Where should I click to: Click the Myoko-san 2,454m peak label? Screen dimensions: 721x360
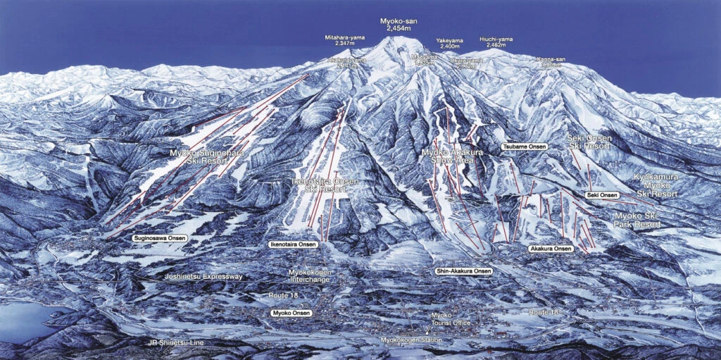tap(398, 24)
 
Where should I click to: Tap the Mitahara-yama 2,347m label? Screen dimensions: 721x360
tap(345, 40)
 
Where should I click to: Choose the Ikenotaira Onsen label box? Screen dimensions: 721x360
tap(293, 244)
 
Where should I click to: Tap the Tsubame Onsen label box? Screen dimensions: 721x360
tap(525, 147)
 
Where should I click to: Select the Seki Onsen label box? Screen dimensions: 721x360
tap(601, 194)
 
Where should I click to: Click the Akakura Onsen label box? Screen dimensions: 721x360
tap(550, 249)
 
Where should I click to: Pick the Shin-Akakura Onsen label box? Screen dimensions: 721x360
tap(463, 271)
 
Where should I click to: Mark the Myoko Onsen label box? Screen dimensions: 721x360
tap(291, 312)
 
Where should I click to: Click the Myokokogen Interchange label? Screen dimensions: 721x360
tap(311, 275)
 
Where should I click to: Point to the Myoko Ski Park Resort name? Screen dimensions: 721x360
tap(637, 220)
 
